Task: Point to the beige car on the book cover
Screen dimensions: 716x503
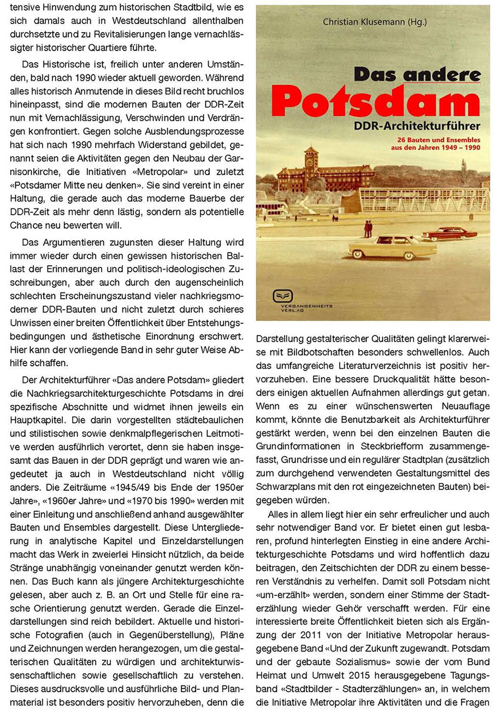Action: click(392, 247)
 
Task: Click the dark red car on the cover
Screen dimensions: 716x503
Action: click(449, 234)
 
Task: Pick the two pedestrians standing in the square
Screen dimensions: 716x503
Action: click(368, 228)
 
